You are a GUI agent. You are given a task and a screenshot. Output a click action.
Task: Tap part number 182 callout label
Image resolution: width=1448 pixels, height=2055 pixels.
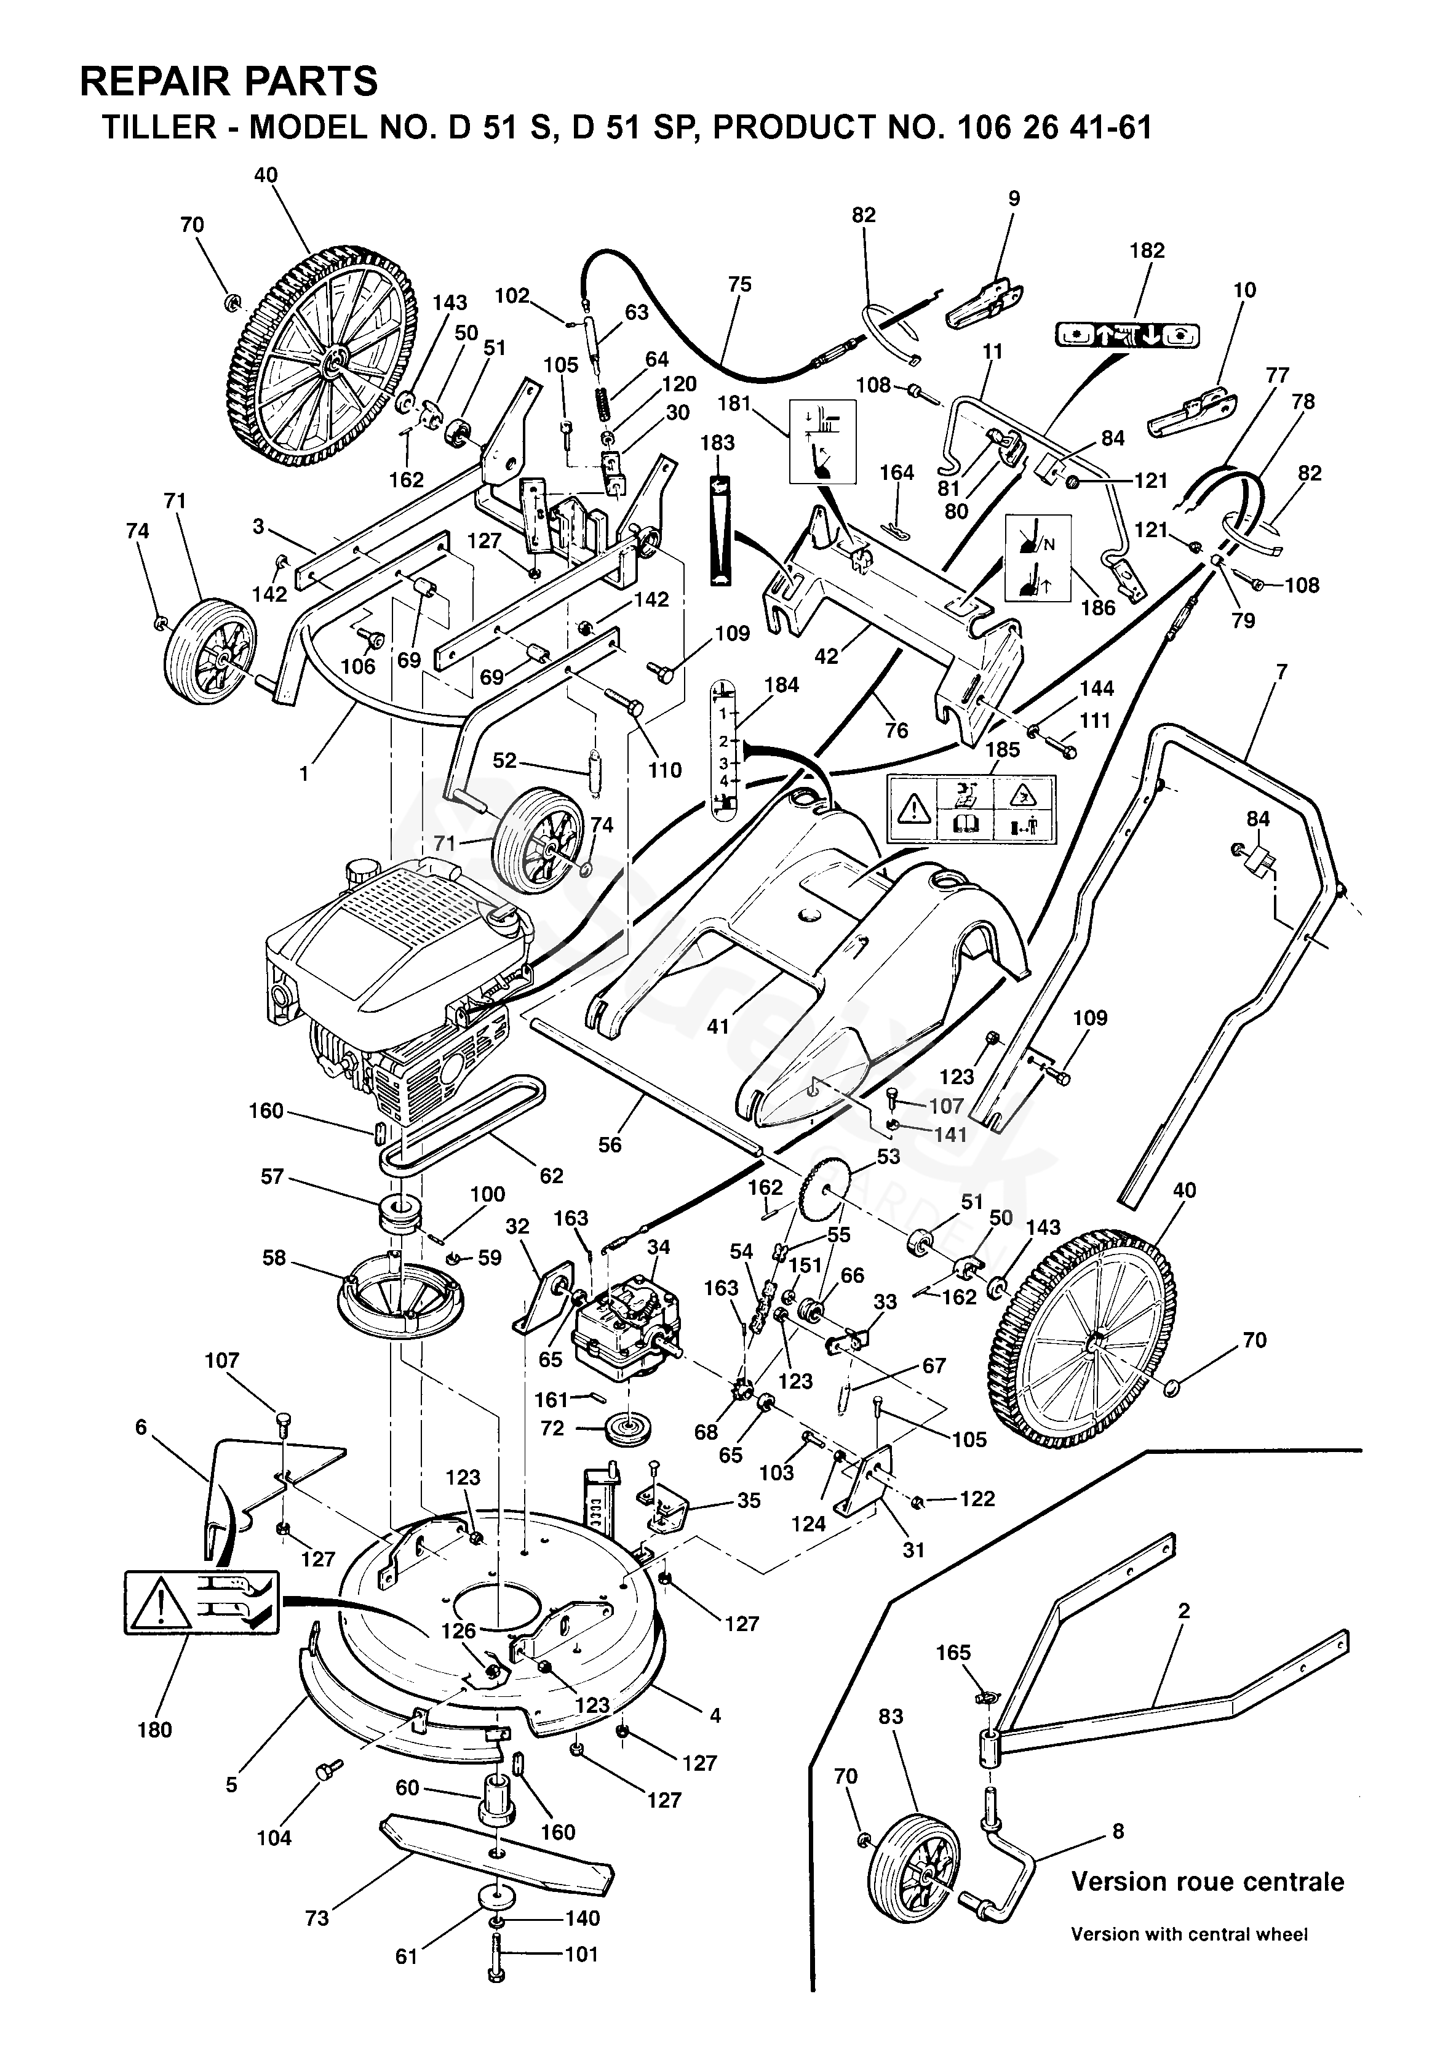click(x=1147, y=250)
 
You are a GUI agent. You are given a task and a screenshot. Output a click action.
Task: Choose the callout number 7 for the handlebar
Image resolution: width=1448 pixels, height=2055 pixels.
click(x=1281, y=671)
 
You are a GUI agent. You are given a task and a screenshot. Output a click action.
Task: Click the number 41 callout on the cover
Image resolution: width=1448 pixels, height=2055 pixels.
click(x=718, y=1027)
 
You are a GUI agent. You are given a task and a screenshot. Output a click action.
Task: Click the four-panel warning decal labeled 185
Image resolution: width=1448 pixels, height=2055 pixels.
click(x=971, y=808)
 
